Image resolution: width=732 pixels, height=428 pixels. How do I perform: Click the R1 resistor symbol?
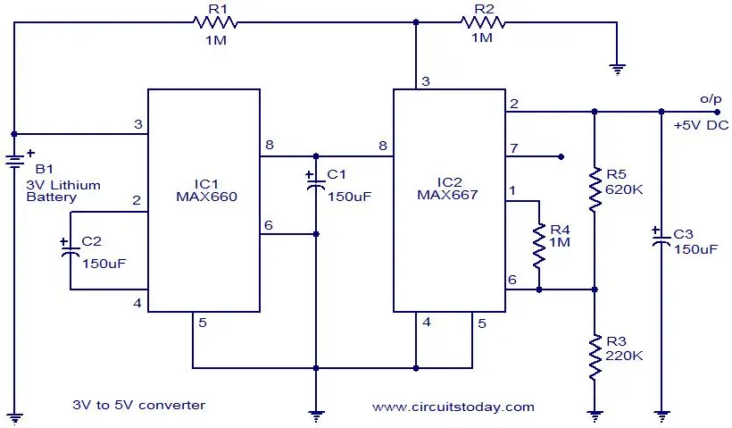point(215,22)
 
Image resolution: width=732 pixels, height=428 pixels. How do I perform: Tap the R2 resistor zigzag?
point(483,22)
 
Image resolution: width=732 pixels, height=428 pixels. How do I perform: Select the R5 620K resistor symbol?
point(595,190)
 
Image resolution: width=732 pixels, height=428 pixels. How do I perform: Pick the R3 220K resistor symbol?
point(595,357)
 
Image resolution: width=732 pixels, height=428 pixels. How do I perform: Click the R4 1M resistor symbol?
point(539,246)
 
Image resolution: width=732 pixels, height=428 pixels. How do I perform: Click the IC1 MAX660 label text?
point(206,190)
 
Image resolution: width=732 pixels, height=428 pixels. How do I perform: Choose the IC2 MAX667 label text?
point(448,189)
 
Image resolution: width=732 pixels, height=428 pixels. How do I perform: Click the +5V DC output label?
point(701,125)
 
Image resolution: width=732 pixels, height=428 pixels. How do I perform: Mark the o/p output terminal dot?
point(717,112)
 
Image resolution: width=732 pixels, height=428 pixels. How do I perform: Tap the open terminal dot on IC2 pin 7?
point(561,156)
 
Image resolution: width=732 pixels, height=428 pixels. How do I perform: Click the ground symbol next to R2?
point(617,70)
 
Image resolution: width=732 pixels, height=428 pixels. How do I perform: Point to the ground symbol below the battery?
point(14,419)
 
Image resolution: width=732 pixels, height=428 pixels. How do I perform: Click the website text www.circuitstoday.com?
point(453,407)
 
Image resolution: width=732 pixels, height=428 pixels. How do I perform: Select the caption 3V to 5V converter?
point(138,405)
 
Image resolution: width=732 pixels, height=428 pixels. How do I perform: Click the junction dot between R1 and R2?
point(416,22)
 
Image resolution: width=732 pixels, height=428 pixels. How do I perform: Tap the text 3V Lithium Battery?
point(63,190)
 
